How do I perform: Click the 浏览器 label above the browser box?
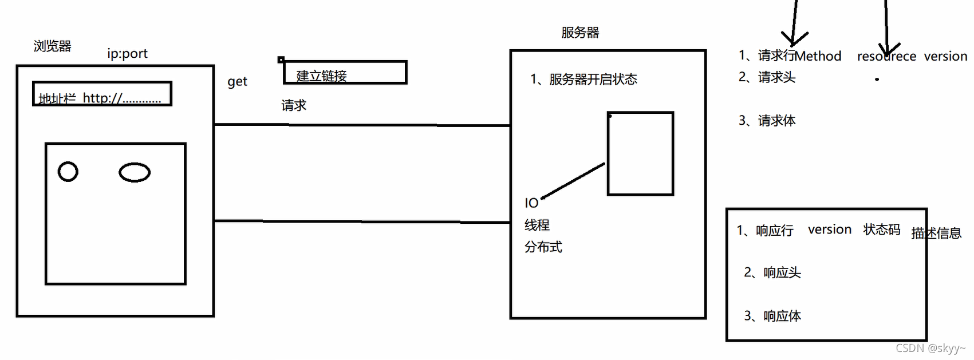point(52,46)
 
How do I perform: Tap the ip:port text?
point(127,54)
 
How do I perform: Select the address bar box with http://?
point(102,94)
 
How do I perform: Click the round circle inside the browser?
point(68,172)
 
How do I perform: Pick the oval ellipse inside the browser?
point(135,172)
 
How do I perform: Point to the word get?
point(237,82)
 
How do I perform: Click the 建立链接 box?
point(345,73)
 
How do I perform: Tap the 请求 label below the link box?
point(294,105)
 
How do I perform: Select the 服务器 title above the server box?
point(580,33)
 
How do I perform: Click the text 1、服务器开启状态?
point(583,80)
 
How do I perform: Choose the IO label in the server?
point(531,203)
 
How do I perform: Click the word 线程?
point(537,226)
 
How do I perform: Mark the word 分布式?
point(543,247)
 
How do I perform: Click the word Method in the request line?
point(818,56)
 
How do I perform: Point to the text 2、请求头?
point(767,77)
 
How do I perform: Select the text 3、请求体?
point(767,121)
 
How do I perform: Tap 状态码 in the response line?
point(882,230)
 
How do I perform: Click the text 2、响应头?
point(772,273)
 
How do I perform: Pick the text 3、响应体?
point(772,316)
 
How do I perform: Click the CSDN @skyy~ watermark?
point(930,348)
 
